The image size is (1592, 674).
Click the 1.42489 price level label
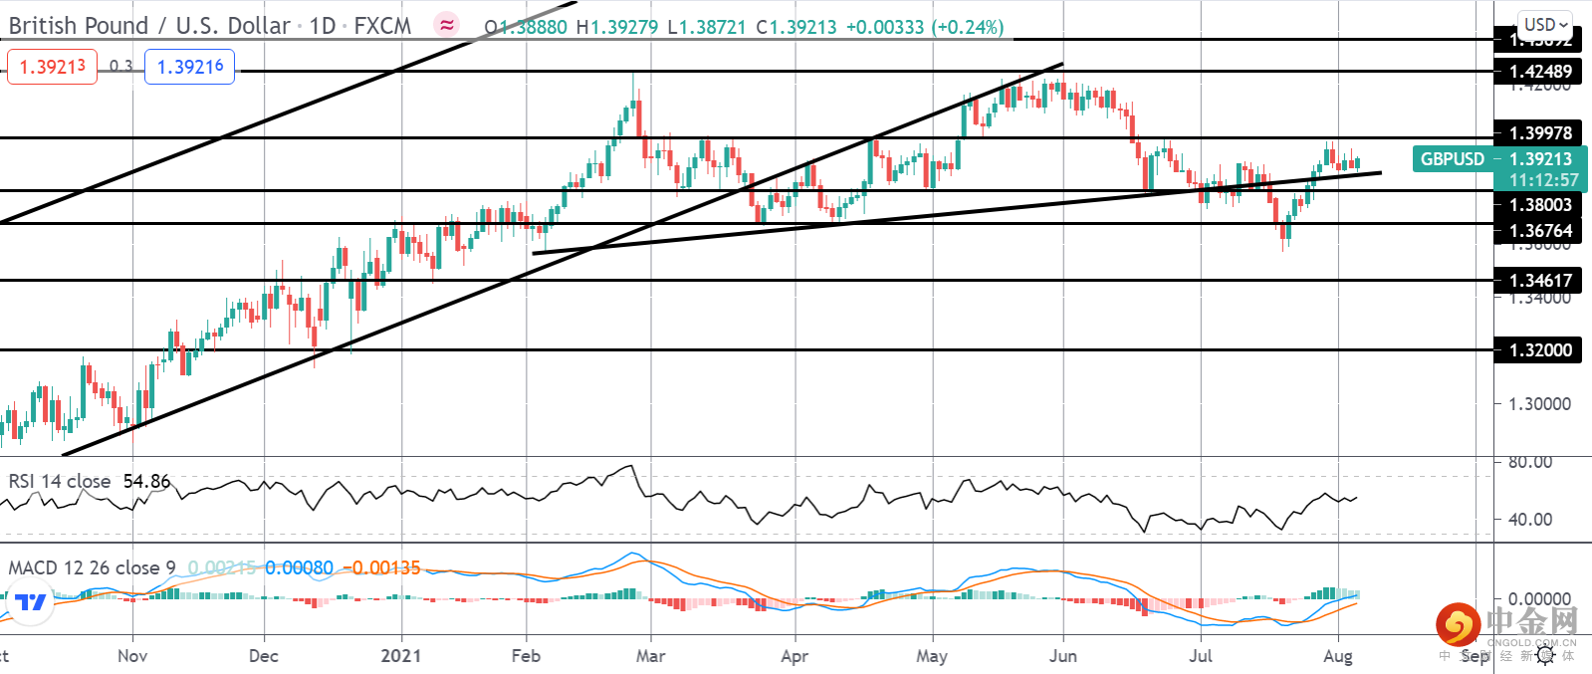tap(1539, 72)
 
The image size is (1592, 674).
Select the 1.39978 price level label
tap(1539, 133)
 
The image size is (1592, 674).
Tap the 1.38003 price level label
tap(1539, 205)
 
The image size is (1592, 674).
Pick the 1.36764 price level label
tap(1539, 231)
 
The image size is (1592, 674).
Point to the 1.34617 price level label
tap(1539, 281)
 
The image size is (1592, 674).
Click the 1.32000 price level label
tap(1539, 350)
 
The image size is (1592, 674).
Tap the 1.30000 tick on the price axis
tap(1539, 404)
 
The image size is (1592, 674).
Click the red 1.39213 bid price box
tap(53, 67)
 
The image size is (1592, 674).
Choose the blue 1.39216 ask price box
tap(190, 67)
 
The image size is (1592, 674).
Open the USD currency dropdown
tap(1545, 25)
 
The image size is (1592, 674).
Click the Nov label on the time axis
tap(132, 656)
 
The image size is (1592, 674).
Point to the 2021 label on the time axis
tap(400, 656)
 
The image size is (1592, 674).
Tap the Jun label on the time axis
tap(1063, 656)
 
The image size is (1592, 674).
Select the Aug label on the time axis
tap(1338, 656)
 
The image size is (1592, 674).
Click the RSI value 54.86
tap(146, 482)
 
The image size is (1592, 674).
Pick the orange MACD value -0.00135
tap(383, 568)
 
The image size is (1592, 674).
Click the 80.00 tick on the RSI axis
tap(1530, 462)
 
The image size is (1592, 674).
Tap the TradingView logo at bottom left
tap(31, 602)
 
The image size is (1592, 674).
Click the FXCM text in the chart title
tap(382, 26)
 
